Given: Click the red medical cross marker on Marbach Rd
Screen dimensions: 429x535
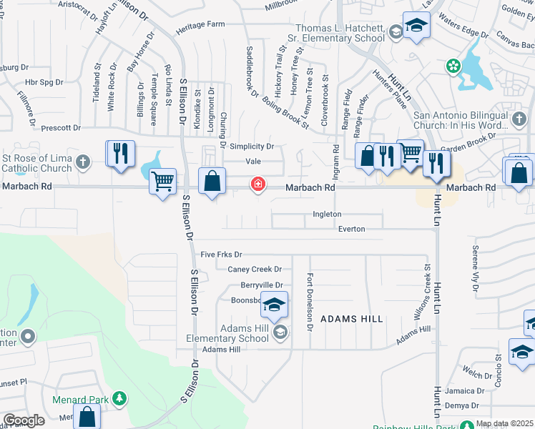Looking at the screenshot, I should pyautogui.click(x=257, y=185).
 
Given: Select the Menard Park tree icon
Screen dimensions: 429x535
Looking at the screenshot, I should pyautogui.click(x=121, y=398).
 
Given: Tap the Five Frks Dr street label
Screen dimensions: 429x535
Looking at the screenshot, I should pyautogui.click(x=222, y=255).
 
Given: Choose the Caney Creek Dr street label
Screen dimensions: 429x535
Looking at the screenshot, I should pyautogui.click(x=255, y=270).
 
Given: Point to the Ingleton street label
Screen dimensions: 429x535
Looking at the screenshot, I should pyautogui.click(x=327, y=214).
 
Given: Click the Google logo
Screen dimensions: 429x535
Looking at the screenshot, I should pyautogui.click(x=24, y=420).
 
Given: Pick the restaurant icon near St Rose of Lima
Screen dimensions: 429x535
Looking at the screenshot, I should pyautogui.click(x=120, y=153).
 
